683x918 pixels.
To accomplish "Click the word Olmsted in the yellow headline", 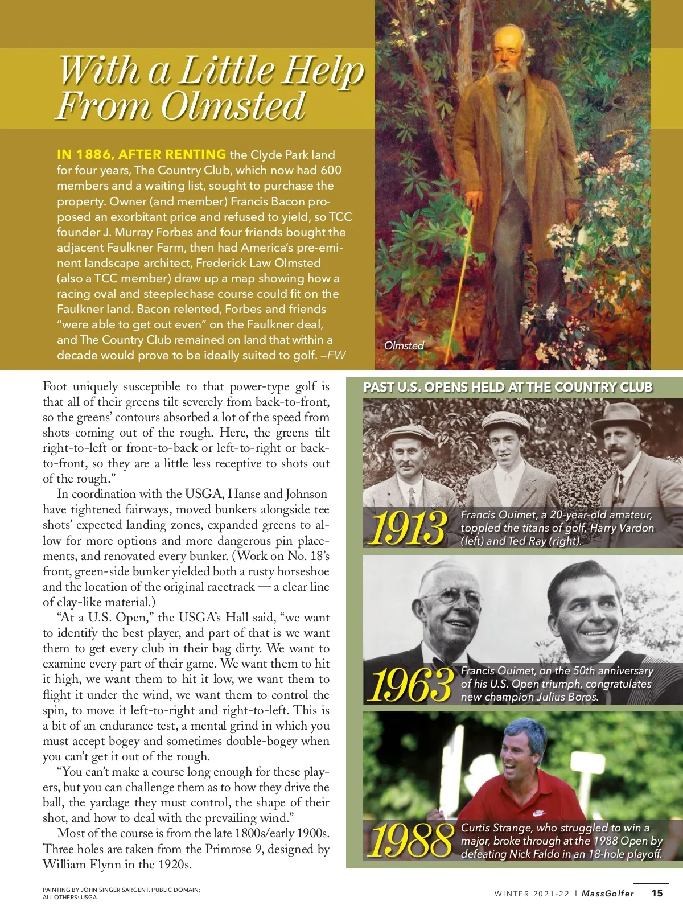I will coord(233,106).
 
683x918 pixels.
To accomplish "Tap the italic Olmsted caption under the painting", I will coord(404,345).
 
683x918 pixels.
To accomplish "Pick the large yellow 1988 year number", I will coord(410,840).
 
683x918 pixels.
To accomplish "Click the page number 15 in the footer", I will coord(657,893).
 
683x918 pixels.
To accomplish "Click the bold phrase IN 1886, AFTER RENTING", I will coord(141,154).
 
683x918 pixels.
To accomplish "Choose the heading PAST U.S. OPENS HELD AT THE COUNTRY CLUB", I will coord(508,388).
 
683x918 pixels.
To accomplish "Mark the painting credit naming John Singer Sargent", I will coord(121,890).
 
